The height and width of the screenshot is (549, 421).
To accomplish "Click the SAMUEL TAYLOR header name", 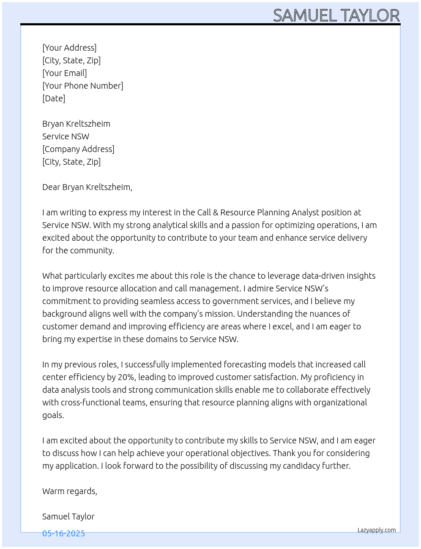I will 336,16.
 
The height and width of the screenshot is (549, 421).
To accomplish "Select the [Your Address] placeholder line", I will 69,48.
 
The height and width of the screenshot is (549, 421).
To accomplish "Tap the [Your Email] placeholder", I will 65,73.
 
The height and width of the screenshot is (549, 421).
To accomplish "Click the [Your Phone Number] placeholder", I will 83,86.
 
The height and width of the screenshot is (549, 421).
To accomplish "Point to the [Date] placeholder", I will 54,98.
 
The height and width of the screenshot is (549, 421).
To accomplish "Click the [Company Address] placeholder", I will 78,149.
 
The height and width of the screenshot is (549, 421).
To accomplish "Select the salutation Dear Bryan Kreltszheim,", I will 87,187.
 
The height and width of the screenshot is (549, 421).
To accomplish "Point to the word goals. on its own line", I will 53,415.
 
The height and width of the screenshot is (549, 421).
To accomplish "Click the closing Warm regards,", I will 70,491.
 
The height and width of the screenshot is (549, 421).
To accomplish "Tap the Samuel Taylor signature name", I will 68,516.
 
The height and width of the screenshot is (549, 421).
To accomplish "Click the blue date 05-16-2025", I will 63,533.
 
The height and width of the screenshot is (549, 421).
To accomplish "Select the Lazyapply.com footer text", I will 377,530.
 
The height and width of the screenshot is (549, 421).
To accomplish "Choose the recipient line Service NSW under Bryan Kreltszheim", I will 66,136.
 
